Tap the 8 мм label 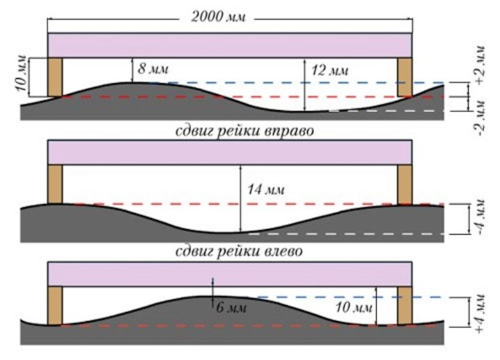pyautogui.click(x=153, y=70)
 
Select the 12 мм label pyautogui.click(x=329, y=71)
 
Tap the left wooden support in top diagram pyautogui.click(x=55, y=77)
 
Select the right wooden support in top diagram pyautogui.click(x=405, y=77)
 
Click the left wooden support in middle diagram pyautogui.click(x=55, y=185)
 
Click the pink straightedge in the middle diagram pyautogui.click(x=230, y=152)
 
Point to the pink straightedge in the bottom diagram pyautogui.click(x=230, y=274)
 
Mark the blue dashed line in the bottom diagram pyautogui.click(x=348, y=297)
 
